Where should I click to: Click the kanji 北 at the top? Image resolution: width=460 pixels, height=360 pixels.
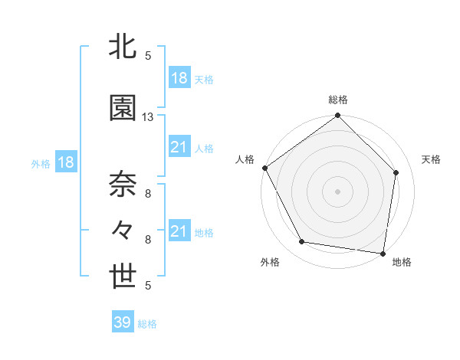[123, 48]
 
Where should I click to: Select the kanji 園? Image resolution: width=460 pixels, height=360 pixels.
[123, 108]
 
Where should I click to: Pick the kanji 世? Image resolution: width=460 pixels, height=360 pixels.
[123, 278]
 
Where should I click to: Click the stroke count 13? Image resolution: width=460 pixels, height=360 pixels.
[148, 117]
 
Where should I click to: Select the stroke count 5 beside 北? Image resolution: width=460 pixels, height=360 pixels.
[148, 56]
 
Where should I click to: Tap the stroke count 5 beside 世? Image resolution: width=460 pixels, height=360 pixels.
[148, 286]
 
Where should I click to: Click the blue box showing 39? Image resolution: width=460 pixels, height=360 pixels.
[123, 322]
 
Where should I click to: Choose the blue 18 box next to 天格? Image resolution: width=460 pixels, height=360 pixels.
[179, 77]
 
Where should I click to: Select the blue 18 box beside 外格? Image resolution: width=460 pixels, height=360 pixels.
[65, 162]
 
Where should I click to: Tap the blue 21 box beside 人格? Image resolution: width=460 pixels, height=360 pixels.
[179, 147]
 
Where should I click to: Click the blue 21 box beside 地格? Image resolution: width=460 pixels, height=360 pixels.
[179, 231]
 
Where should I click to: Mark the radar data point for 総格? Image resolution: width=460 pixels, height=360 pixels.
[337, 116]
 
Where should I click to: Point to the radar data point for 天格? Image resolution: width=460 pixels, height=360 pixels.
[396, 172]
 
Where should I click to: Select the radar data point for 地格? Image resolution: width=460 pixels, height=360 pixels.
[383, 253]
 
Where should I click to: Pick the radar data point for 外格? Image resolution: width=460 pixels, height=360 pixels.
[302, 242]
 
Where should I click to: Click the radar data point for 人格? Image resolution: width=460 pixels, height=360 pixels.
[264, 168]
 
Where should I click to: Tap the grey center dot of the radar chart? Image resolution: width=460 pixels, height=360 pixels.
[337, 191]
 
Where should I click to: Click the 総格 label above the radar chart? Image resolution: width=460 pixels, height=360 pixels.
[338, 100]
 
